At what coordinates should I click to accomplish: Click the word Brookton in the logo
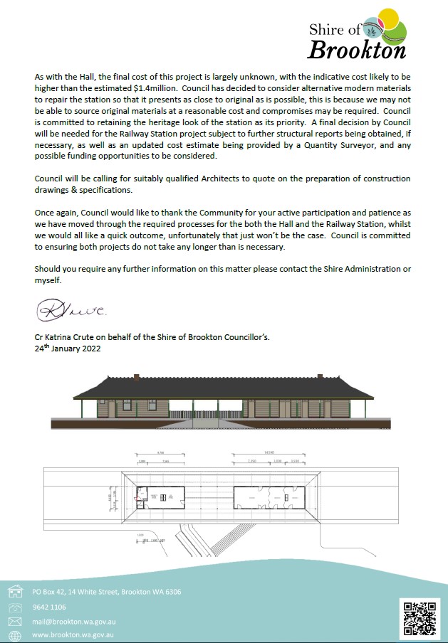pyautogui.click(x=357, y=51)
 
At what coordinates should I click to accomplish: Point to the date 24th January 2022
pyautogui.click(x=68, y=349)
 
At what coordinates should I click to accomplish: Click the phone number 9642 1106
pyautogui.click(x=49, y=607)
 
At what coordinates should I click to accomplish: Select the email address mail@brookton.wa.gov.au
pyautogui.click(x=74, y=622)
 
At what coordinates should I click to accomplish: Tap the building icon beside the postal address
pyautogui.click(x=15, y=591)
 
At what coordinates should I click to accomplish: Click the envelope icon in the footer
pyautogui.click(x=15, y=622)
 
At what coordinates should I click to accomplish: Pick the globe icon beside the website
pyautogui.click(x=15, y=636)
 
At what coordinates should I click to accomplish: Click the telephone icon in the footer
pyautogui.click(x=15, y=607)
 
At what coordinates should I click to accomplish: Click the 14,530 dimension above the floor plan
pyautogui.click(x=269, y=453)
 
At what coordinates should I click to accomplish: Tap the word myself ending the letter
pyautogui.click(x=48, y=280)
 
